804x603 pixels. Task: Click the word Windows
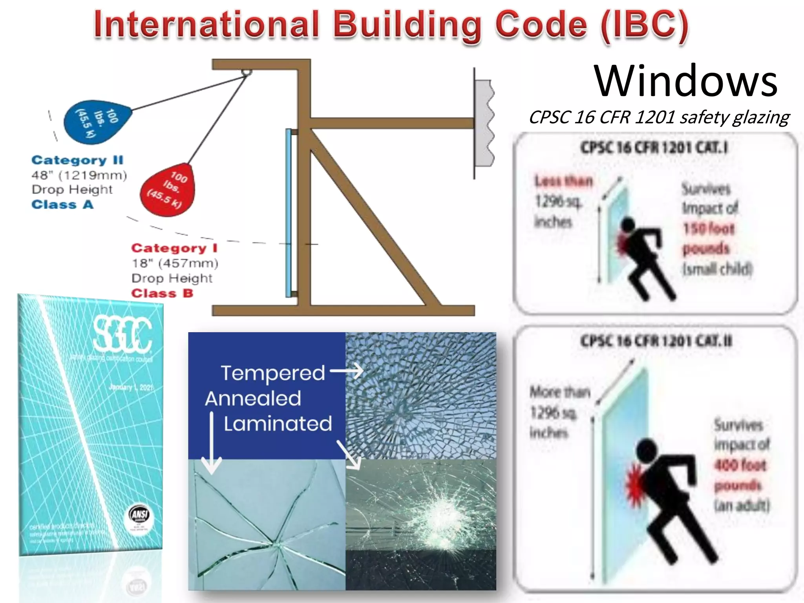click(685, 81)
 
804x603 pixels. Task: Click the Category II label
click(77, 160)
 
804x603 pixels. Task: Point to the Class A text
click(62, 205)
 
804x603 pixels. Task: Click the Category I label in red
click(174, 248)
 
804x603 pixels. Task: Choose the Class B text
click(162, 293)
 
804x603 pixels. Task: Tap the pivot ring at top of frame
click(246, 73)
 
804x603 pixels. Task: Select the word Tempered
click(273, 373)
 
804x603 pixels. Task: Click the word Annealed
click(253, 398)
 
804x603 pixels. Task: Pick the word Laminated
click(278, 424)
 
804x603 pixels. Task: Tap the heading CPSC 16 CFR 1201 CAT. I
click(654, 148)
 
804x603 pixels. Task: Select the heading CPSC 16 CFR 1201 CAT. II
click(656, 341)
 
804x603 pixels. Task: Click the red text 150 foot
click(709, 228)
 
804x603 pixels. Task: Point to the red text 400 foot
click(740, 466)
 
